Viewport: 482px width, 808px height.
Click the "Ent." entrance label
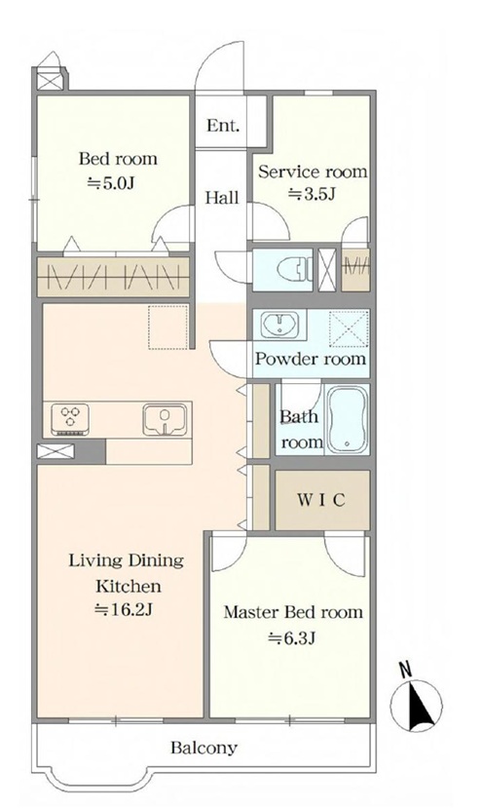(223, 125)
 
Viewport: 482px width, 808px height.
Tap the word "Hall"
(222, 197)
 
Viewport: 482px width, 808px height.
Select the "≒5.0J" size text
(110, 183)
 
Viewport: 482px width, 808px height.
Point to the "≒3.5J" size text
(312, 195)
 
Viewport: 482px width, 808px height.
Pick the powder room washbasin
(279, 325)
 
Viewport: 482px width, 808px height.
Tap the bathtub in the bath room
(348, 418)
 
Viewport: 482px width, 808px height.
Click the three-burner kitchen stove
(69, 418)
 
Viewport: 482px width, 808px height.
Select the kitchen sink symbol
(165, 419)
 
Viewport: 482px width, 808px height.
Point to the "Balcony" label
(204, 748)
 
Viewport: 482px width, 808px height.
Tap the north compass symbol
(416, 705)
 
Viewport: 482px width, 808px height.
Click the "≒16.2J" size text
(124, 610)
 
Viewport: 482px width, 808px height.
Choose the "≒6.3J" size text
(291, 638)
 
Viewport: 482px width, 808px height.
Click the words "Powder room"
(311, 358)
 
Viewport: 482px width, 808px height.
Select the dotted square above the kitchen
(168, 327)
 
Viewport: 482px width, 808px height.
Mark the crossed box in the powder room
(349, 328)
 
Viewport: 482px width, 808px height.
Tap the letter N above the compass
(406, 669)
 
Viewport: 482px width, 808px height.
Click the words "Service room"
(313, 172)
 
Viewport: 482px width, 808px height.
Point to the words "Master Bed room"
(293, 612)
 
